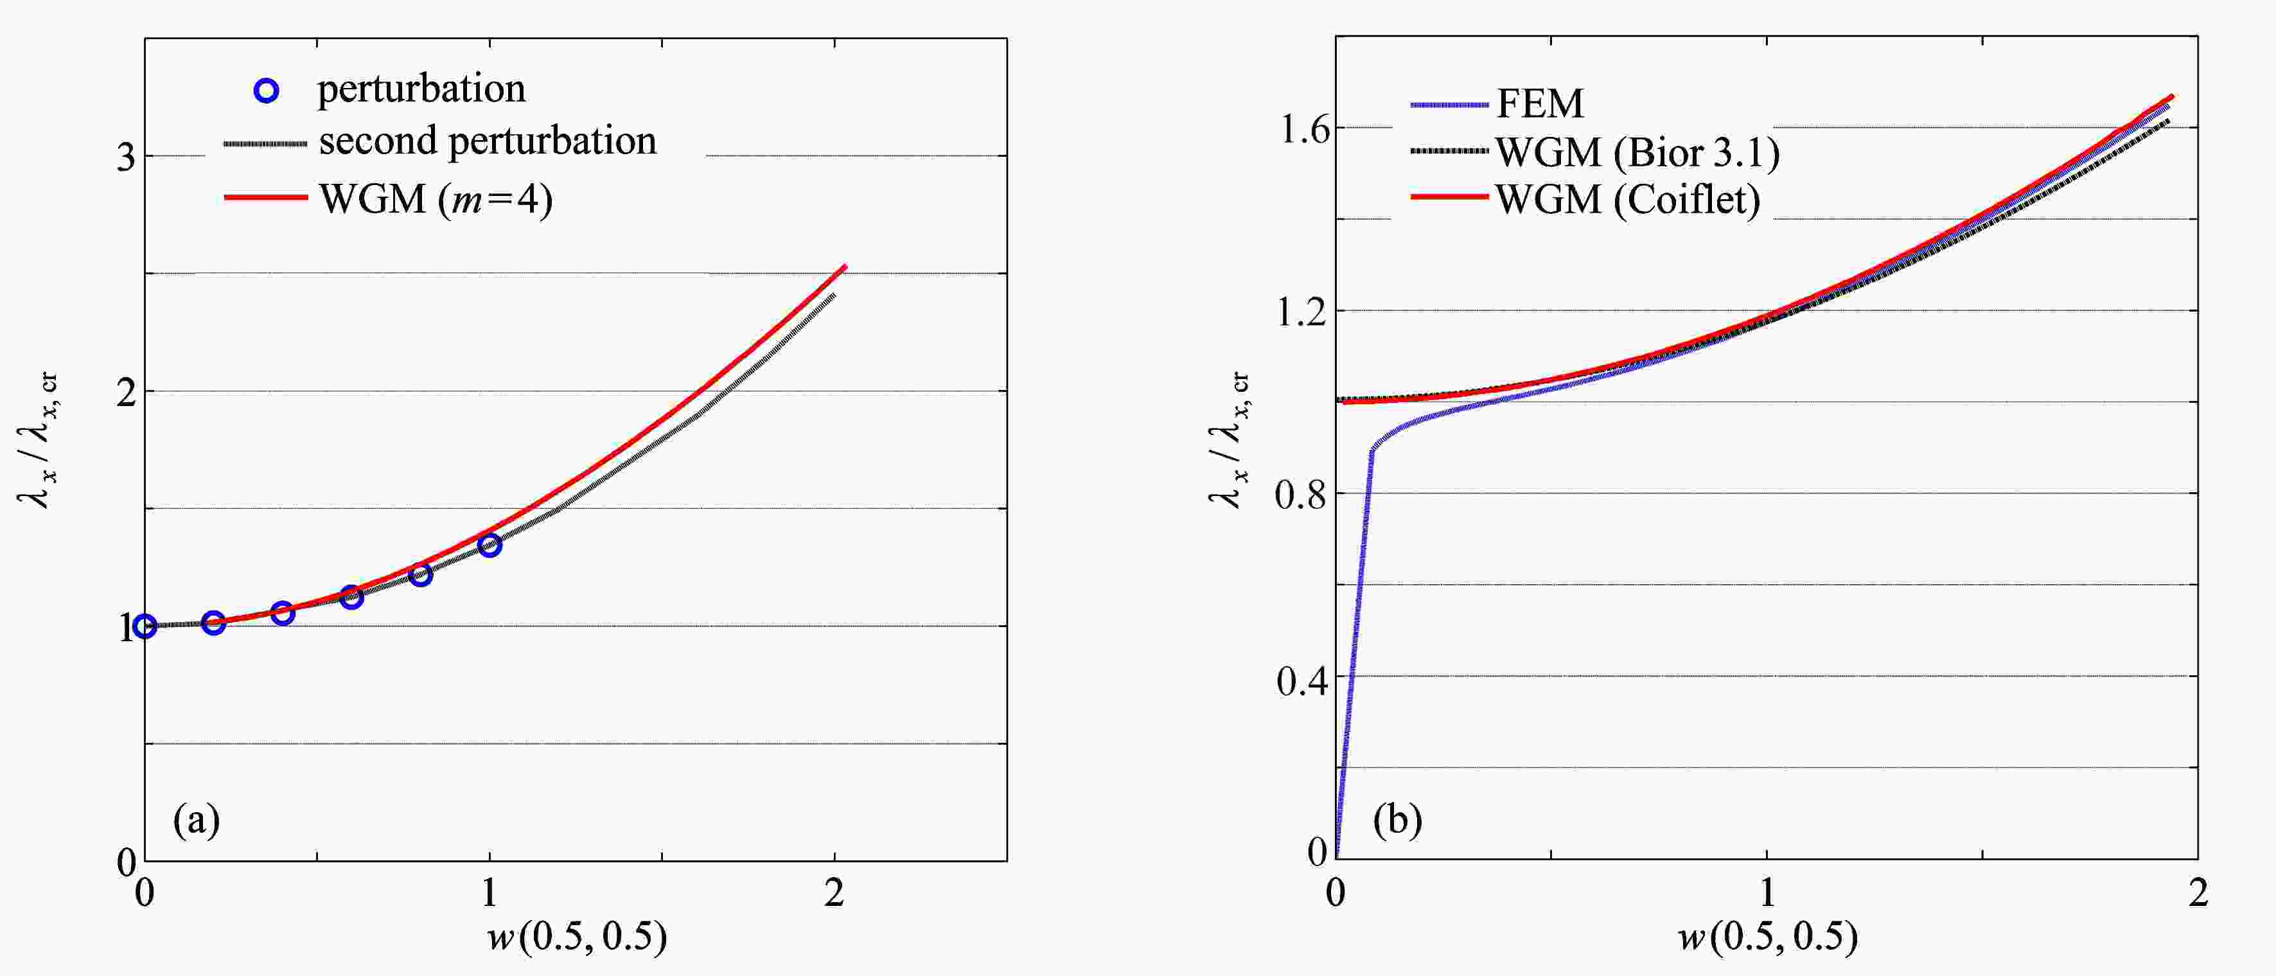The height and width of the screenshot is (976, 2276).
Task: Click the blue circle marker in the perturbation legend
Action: pos(266,90)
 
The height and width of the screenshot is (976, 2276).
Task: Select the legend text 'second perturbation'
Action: pos(487,141)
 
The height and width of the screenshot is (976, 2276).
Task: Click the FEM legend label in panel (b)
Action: pos(1539,104)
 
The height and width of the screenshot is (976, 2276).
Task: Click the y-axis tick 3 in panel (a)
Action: pos(127,157)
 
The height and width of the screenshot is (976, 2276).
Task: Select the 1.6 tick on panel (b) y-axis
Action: pos(1302,130)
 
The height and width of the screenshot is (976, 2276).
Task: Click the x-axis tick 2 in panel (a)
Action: pos(833,894)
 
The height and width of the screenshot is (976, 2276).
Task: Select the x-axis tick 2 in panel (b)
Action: pos(2198,894)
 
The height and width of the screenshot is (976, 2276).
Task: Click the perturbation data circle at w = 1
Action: pos(489,546)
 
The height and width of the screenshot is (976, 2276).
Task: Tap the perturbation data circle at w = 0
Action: pos(145,627)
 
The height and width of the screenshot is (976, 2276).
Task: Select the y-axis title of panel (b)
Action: pos(1228,439)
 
